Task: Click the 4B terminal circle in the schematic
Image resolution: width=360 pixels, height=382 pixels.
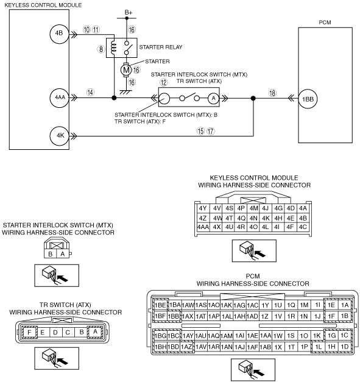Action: [x=60, y=34]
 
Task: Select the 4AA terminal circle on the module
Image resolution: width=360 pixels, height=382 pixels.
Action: [x=60, y=97]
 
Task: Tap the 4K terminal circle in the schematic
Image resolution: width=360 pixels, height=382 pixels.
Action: [x=60, y=136]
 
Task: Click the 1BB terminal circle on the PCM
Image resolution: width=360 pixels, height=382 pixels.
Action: [x=308, y=99]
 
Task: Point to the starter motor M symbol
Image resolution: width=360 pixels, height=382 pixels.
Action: [x=126, y=70]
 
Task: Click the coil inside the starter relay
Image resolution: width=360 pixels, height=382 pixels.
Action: [x=113, y=48]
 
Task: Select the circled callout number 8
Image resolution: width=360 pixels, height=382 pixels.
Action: [x=101, y=49]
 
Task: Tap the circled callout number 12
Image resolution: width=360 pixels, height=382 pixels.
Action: [x=164, y=82]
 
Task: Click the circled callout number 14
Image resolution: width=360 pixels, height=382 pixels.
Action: [x=90, y=93]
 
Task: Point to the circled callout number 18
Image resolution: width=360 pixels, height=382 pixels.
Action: [x=272, y=93]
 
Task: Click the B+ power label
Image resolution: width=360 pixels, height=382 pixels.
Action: [x=129, y=12]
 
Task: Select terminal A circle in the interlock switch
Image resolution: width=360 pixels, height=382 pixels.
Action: [x=213, y=98]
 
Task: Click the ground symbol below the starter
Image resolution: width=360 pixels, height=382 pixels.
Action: [x=126, y=92]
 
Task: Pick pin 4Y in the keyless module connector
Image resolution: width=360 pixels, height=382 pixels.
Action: [x=203, y=208]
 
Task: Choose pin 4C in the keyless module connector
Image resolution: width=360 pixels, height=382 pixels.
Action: [x=303, y=227]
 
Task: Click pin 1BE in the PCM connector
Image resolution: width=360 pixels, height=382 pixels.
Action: [x=160, y=305]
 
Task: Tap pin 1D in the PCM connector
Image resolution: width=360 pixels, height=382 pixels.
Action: [x=344, y=347]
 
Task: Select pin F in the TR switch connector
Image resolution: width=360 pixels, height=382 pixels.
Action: [x=29, y=332]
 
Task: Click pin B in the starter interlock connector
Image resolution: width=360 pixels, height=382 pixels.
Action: [x=50, y=254]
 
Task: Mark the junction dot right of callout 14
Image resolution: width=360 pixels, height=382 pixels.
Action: [x=114, y=98]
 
